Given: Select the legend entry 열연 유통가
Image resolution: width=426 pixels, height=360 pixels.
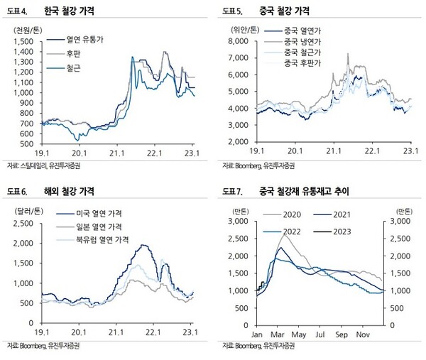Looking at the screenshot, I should coord(85,40).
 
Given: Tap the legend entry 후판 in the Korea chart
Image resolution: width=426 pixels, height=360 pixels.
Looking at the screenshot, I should coord(75,53).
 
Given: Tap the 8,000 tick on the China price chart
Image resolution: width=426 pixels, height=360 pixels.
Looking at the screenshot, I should coord(239,41).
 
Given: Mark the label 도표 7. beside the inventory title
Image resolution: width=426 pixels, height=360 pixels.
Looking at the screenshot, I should coord(231,192).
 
